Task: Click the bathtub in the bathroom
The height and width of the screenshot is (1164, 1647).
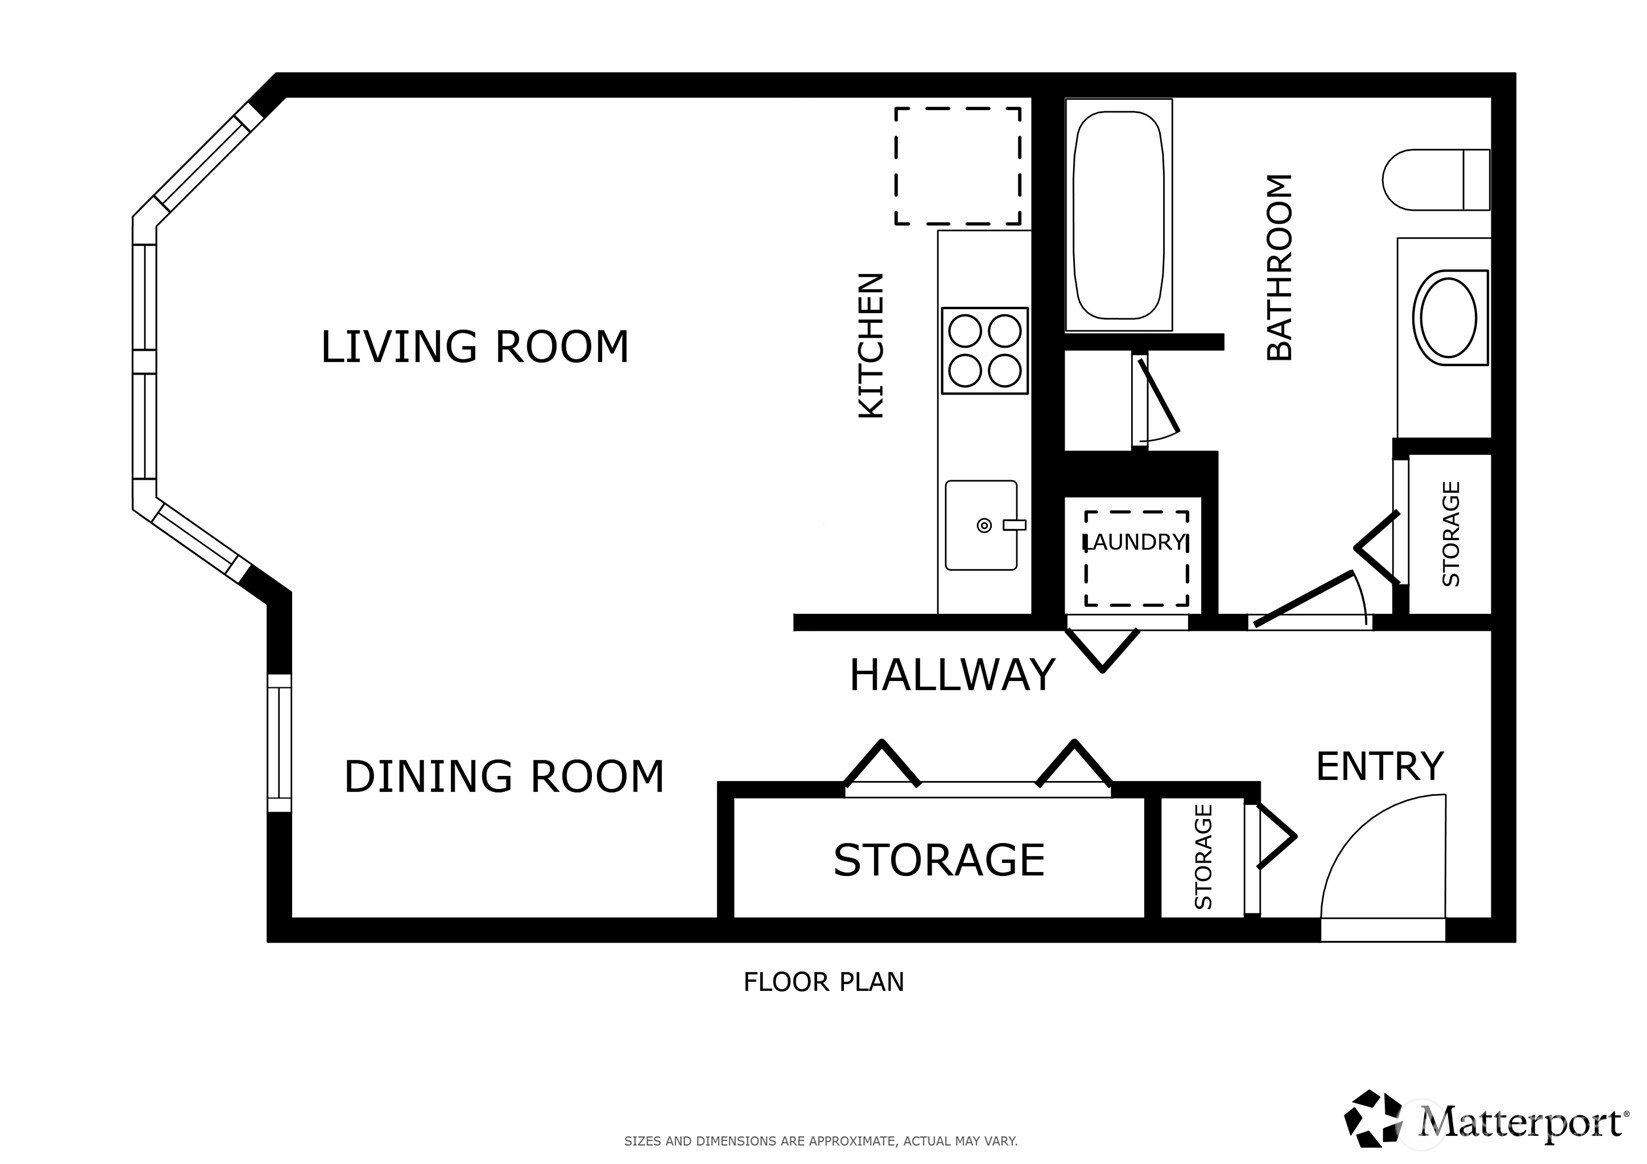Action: point(1118,214)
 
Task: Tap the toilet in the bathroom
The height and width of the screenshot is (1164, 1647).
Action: point(1435,180)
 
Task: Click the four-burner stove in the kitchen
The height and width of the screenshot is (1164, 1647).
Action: point(985,350)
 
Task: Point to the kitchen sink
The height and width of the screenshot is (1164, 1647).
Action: point(981,525)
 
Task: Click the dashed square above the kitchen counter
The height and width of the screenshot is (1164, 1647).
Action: point(957,166)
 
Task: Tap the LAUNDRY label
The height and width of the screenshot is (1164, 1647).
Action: point(1136,542)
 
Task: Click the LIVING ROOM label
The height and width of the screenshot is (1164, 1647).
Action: point(474,347)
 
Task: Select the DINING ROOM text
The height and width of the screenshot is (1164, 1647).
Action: point(503,777)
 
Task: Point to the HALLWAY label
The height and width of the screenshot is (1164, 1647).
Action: point(951,675)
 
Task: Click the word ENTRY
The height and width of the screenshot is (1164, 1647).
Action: point(1379,767)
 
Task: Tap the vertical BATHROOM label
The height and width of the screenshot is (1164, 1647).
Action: point(1279,267)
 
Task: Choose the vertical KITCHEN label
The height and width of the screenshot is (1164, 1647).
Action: point(871,345)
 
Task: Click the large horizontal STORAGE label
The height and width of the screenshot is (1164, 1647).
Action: point(938,860)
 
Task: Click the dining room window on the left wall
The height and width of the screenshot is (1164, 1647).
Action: point(279,743)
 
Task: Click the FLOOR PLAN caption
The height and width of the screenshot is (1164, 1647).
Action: point(823,982)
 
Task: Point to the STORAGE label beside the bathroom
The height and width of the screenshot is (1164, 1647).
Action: point(1450,534)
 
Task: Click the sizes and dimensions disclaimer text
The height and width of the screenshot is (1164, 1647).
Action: point(820,1140)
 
